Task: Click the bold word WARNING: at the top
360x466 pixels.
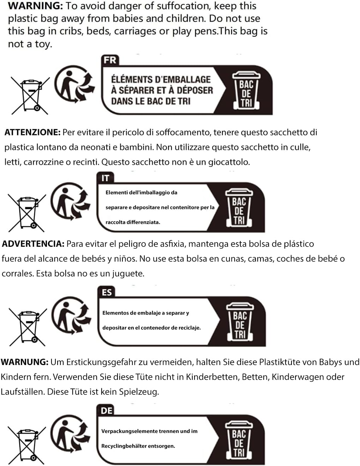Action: pyautogui.click(x=35, y=6)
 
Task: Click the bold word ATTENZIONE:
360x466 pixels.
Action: pyautogui.click(x=32, y=132)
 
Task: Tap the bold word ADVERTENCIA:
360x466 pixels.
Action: pyautogui.click(x=33, y=244)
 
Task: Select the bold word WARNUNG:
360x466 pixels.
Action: pyautogui.click(x=25, y=362)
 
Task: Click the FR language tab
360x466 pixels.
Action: pyautogui.click(x=110, y=60)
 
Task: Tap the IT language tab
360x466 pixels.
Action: pyautogui.click(x=105, y=178)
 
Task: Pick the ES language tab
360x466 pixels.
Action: pyautogui.click(x=107, y=292)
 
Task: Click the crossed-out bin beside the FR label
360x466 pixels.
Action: pyautogui.click(x=30, y=95)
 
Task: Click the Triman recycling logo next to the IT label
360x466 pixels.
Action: pyautogui.click(x=71, y=201)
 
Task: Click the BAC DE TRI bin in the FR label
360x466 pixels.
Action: pyautogui.click(x=246, y=91)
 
